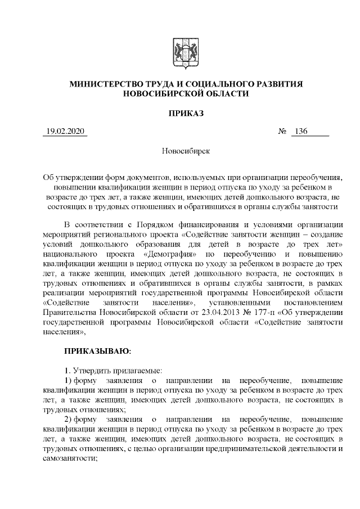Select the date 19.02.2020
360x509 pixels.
65,132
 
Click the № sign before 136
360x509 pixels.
282,132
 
